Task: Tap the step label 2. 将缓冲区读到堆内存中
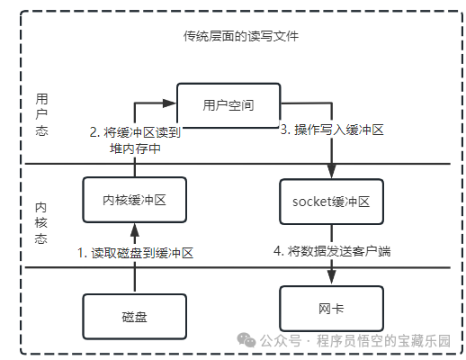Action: coord(136,139)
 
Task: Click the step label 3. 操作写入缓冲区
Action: coord(332,130)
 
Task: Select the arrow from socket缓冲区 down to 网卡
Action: coord(333,254)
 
